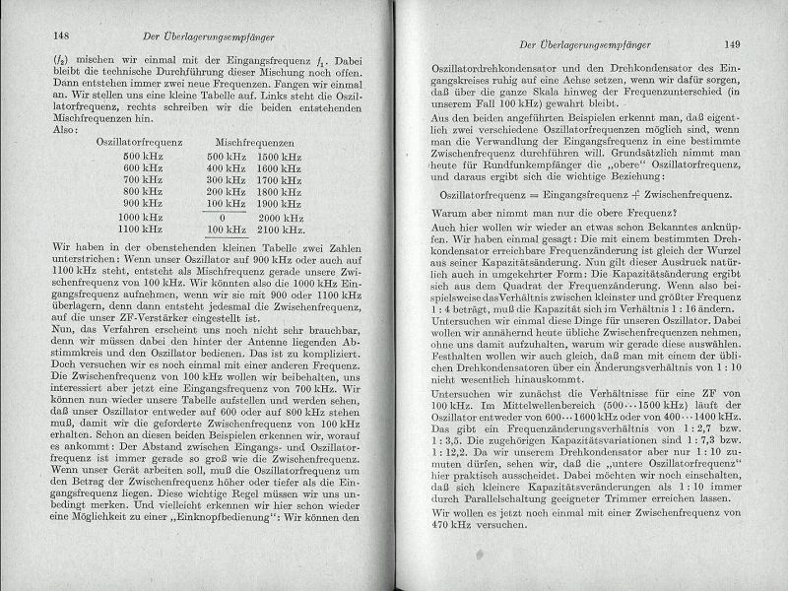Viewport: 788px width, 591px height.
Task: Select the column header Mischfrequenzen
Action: pos(241,142)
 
